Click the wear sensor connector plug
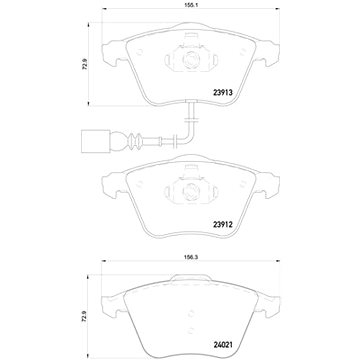pos(19,140)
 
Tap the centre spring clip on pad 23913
pos(190,58)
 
